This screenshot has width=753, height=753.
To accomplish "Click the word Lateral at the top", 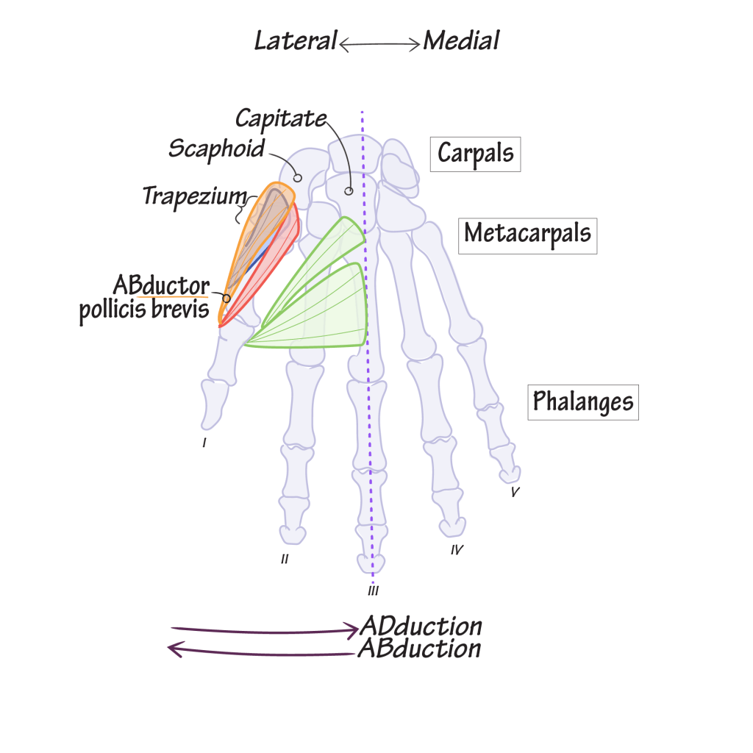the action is (x=296, y=40).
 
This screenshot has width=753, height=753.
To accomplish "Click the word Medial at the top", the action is (x=462, y=40).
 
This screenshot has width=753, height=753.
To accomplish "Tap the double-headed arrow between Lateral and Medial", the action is (x=379, y=45).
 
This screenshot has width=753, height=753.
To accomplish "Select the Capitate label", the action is (x=281, y=118).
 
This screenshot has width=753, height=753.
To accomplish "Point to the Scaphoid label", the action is (x=217, y=149).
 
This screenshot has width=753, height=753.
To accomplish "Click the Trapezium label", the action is (x=194, y=196).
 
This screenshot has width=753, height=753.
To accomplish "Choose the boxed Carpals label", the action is (x=476, y=154).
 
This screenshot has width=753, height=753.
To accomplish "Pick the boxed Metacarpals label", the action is (x=528, y=236).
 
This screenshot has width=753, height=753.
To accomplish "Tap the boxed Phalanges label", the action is (x=583, y=402).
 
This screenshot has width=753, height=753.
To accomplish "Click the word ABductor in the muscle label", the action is (x=161, y=286).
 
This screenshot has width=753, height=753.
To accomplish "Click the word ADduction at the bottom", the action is (x=421, y=627).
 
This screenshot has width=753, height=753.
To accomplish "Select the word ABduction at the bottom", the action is (x=420, y=649).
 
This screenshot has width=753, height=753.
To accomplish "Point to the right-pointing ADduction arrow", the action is (x=265, y=630).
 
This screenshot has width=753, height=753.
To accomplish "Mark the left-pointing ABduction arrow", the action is (x=262, y=651).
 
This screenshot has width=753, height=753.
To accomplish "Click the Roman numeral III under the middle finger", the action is (x=373, y=590).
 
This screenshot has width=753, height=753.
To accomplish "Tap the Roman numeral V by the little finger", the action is (x=515, y=492).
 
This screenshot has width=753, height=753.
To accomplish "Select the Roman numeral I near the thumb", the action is (x=204, y=443).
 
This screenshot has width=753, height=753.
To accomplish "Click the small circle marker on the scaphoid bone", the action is (x=298, y=178).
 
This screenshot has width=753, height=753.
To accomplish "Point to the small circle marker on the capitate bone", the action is (x=349, y=191).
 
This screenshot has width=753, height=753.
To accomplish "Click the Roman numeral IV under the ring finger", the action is (x=457, y=550).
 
